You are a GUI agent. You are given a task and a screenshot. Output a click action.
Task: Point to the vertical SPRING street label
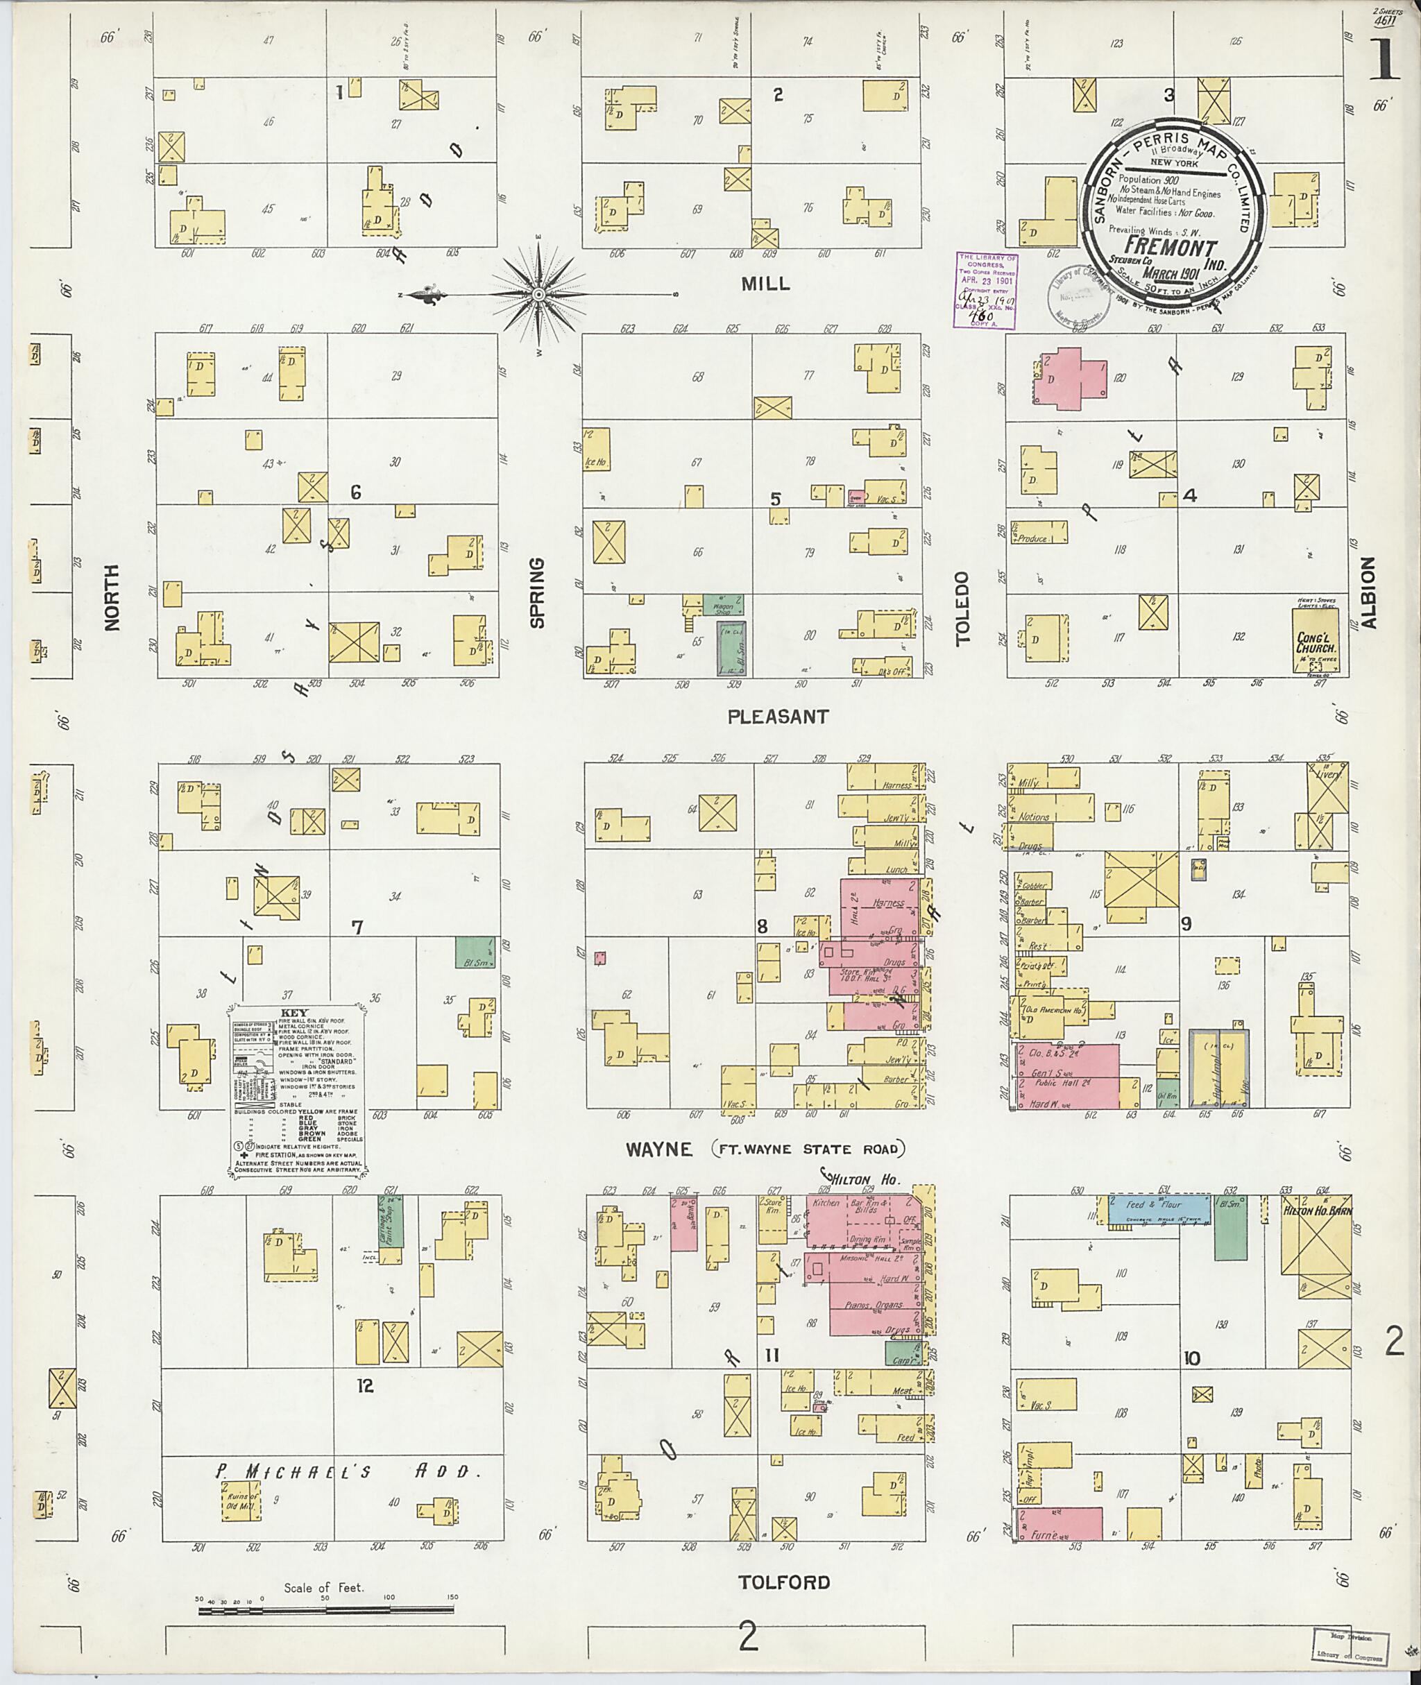tap(537, 593)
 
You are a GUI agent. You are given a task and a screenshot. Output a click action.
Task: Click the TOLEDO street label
tap(964, 609)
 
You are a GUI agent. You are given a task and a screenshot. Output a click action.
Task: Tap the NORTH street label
tap(111, 597)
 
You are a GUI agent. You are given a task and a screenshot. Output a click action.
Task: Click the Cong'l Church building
tap(1316, 641)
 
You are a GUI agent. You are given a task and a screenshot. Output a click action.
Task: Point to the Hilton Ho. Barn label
tap(1316, 1211)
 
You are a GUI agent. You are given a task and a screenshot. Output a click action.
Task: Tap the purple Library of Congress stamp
tap(986, 289)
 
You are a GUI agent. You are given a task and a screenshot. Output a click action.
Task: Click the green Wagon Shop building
tap(722, 606)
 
